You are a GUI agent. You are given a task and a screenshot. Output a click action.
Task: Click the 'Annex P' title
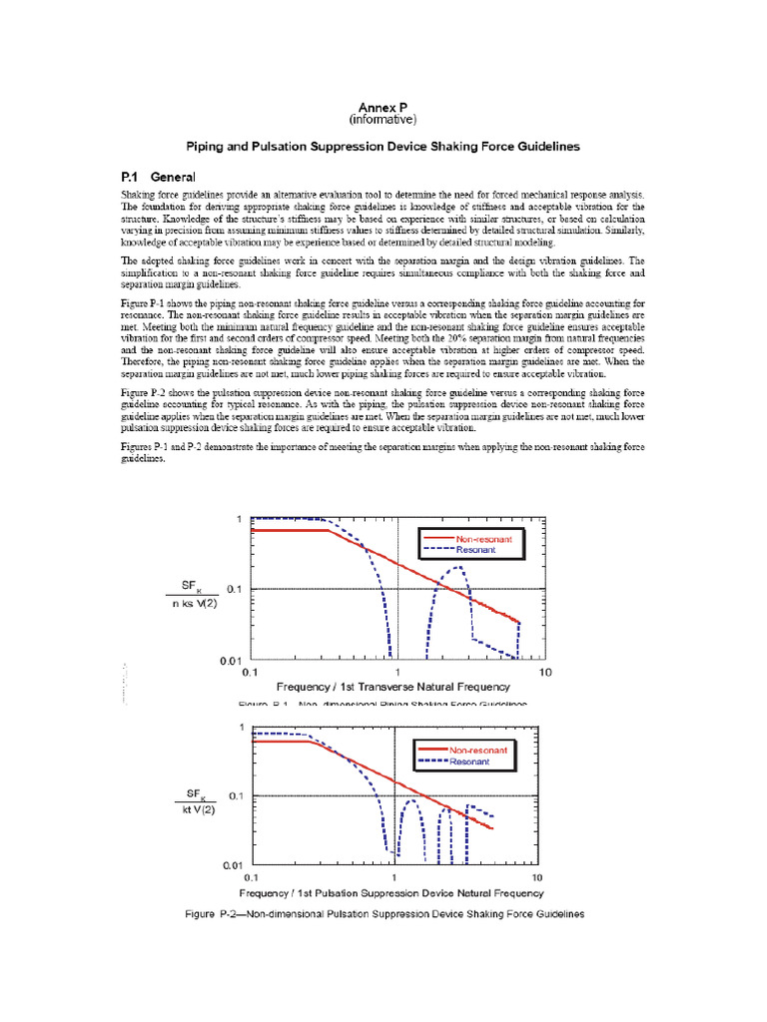(x=383, y=107)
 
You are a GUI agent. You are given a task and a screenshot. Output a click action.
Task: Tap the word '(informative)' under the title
(x=383, y=120)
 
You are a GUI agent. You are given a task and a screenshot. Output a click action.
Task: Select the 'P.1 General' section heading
(x=158, y=176)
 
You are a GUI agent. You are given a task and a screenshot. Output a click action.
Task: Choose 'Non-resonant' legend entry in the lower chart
(x=478, y=750)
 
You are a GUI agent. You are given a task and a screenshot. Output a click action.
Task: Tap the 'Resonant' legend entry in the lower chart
(x=469, y=762)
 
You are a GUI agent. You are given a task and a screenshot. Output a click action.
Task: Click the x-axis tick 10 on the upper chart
(x=544, y=673)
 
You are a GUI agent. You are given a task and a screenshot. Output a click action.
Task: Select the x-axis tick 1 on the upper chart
(x=397, y=673)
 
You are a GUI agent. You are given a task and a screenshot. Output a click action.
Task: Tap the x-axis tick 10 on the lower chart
(x=537, y=876)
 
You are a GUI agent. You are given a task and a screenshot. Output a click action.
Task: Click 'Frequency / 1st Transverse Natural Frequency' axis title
(x=397, y=690)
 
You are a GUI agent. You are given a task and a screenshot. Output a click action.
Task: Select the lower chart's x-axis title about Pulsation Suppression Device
(x=391, y=892)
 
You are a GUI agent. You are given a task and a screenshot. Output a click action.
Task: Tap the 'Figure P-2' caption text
(x=383, y=913)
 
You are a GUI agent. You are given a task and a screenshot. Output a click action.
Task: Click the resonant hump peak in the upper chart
(x=458, y=567)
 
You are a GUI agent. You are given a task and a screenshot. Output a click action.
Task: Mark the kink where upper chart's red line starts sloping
(x=331, y=530)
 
